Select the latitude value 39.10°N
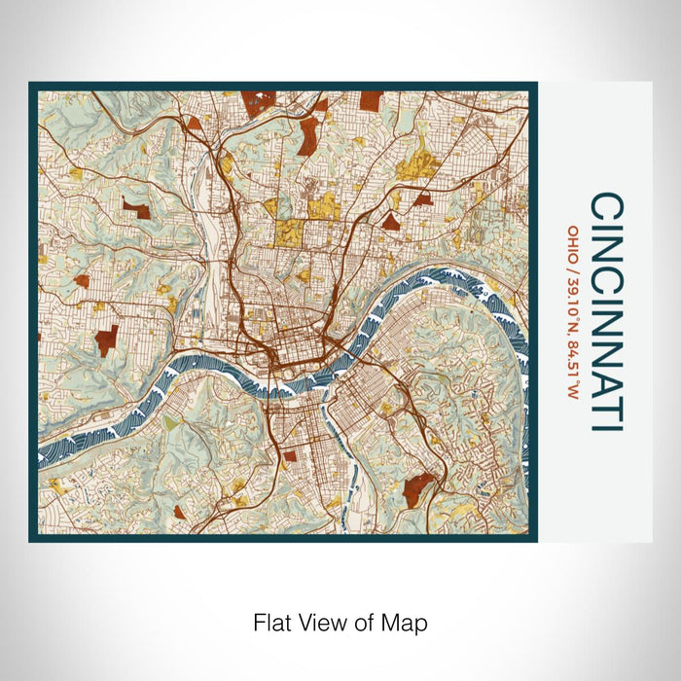(x=574, y=301)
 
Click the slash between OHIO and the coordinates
(x=574, y=265)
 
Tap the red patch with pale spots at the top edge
(x=259, y=102)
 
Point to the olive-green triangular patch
(x=171, y=424)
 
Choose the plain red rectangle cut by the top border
(x=372, y=99)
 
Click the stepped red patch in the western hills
(x=106, y=340)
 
